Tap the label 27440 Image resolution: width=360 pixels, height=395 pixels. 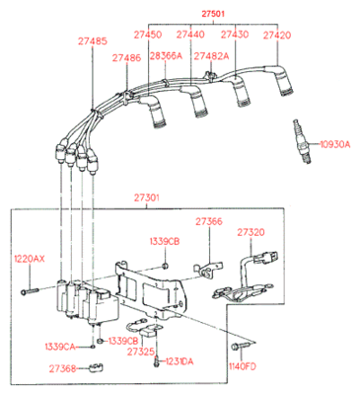(x=191, y=35)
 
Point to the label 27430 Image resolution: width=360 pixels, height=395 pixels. (x=234, y=35)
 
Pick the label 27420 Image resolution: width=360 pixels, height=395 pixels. (x=277, y=35)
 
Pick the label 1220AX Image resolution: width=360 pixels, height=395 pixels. (x=29, y=259)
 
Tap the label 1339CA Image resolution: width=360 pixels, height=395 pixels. (x=60, y=347)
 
